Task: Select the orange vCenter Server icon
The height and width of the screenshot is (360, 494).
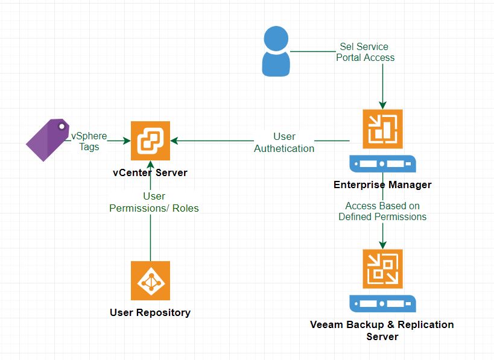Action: pyautogui.click(x=150, y=141)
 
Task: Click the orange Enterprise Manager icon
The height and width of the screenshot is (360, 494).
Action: pyautogui.click(x=382, y=128)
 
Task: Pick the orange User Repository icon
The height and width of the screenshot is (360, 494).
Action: pyautogui.click(x=150, y=280)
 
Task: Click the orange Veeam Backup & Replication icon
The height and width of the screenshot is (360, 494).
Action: pyautogui.click(x=382, y=268)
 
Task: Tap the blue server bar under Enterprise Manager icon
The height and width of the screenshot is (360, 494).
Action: pyautogui.click(x=382, y=163)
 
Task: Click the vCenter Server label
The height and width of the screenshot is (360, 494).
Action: pyautogui.click(x=150, y=173)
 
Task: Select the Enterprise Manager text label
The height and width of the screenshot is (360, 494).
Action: pyautogui.click(x=382, y=185)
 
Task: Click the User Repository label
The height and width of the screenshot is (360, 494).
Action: pyautogui.click(x=150, y=312)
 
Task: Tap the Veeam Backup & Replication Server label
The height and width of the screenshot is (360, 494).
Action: pyautogui.click(x=382, y=330)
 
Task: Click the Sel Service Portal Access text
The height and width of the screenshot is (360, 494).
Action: pyautogui.click(x=365, y=52)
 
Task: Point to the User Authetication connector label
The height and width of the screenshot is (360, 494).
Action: pyautogui.click(x=284, y=142)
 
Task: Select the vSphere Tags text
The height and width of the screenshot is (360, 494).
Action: pyautogui.click(x=89, y=141)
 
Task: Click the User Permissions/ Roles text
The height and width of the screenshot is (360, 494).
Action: pyautogui.click(x=154, y=202)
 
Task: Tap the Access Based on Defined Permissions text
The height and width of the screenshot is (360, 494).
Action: pyautogui.click(x=382, y=211)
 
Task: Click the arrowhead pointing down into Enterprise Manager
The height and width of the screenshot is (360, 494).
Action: pyautogui.click(x=382, y=104)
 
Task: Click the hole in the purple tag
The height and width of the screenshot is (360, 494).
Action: pyautogui.click(x=62, y=127)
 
